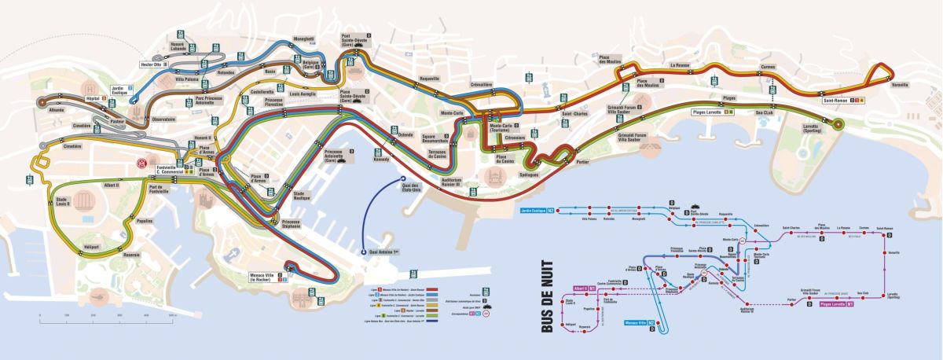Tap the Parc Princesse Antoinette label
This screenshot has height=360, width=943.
[x=209, y=101]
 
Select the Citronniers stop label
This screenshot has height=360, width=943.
[x=515, y=138]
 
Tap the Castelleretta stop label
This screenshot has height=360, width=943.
[x=240, y=91]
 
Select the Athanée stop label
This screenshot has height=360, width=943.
[x=57, y=110]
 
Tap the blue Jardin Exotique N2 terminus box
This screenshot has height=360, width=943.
[x=537, y=211]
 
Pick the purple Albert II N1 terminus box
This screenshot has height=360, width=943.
[x=581, y=288]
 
